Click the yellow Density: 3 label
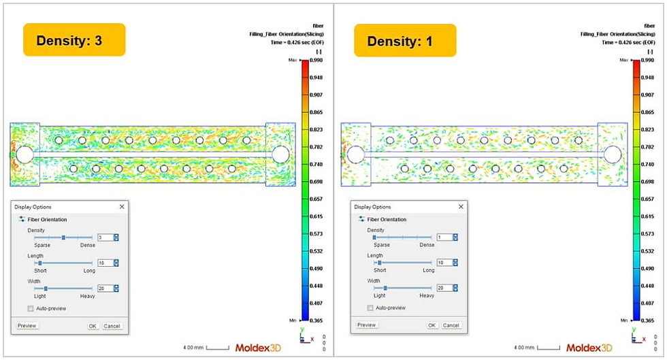(74, 40)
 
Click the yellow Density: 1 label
(404, 41)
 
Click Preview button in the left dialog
(27, 326)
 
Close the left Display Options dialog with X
(122, 206)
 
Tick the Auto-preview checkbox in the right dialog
(370, 308)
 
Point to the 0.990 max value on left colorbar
(316, 61)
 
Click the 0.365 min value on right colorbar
(647, 320)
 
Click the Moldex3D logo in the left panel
(258, 348)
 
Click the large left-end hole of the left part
(24, 154)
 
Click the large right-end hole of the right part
(612, 154)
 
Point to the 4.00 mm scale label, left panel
(194, 348)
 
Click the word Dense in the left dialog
(88, 245)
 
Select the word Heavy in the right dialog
(427, 295)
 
